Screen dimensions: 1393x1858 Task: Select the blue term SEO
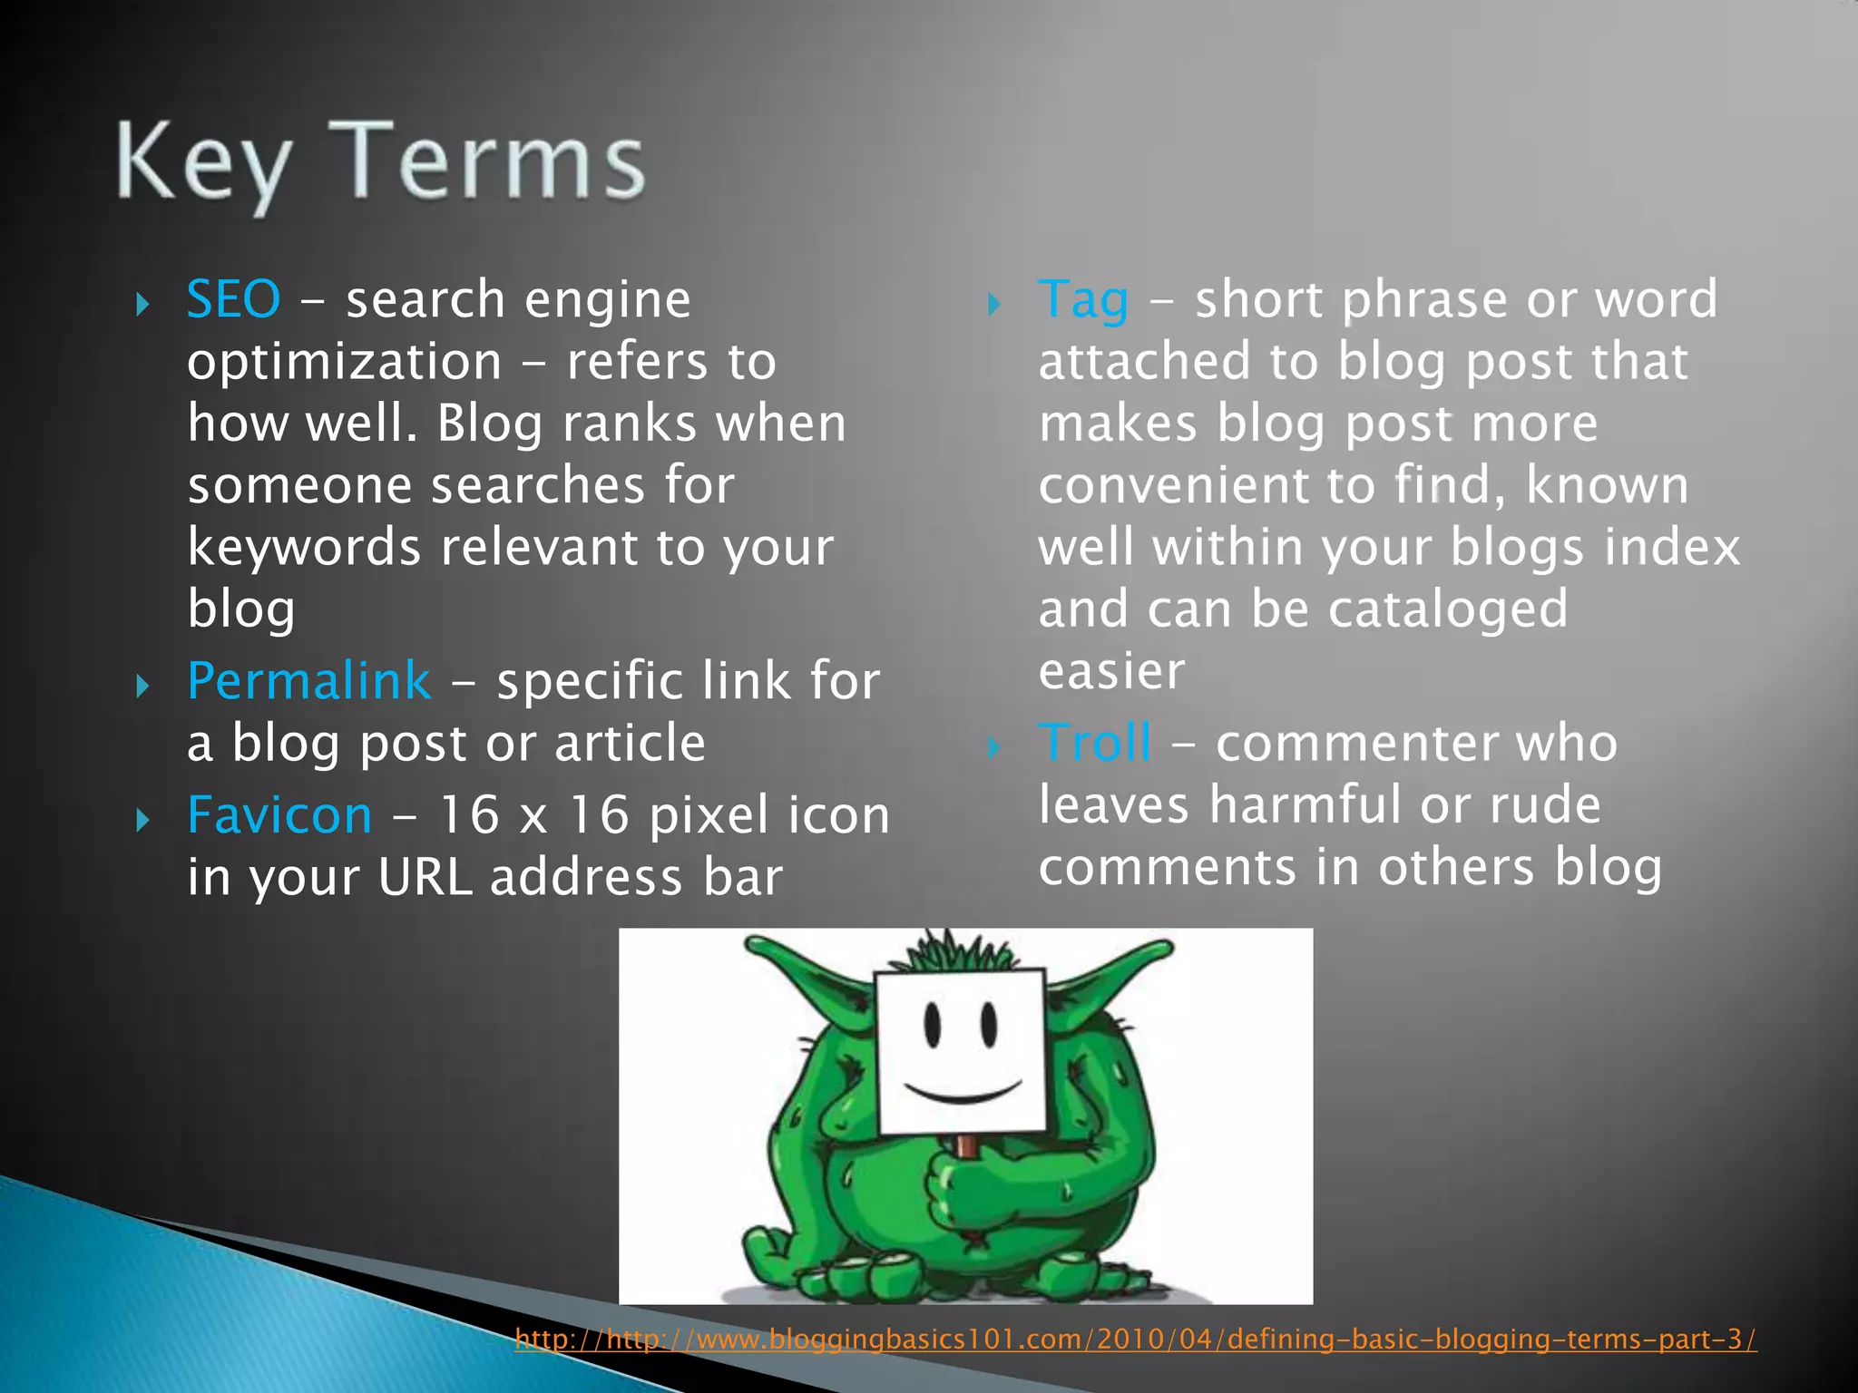(233, 299)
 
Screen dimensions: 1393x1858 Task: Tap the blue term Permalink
(308, 681)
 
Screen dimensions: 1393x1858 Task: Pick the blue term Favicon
(279, 814)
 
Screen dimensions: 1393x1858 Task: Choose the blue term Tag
(1083, 301)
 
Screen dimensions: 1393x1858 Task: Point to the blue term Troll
(1095, 743)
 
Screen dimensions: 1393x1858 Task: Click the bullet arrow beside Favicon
(142, 821)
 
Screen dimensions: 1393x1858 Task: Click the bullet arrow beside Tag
(993, 305)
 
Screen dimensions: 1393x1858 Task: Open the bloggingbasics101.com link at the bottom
(1134, 1339)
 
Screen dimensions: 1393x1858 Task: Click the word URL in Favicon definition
(425, 878)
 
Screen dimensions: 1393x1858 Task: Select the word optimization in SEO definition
(344, 363)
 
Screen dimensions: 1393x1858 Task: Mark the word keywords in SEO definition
(304, 548)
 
